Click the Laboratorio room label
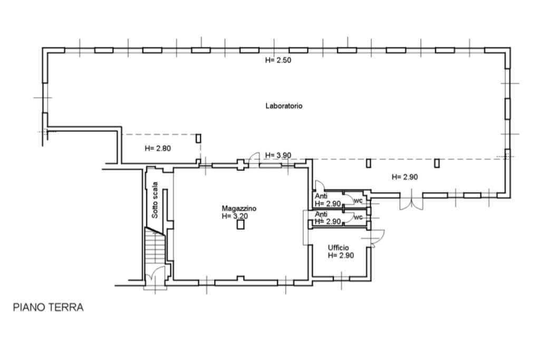284,106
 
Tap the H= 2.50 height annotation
278,60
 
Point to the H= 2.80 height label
158,149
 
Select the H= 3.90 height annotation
278,155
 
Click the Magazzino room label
239,209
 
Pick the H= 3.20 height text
235,217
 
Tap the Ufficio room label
338,248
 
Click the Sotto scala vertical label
155,200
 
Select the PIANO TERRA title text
48,307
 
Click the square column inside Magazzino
240,225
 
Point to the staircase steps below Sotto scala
155,246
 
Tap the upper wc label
358,201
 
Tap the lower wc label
358,218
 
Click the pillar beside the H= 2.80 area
198,138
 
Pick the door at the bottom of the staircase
155,275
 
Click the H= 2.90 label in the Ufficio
341,256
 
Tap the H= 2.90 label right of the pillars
405,177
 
